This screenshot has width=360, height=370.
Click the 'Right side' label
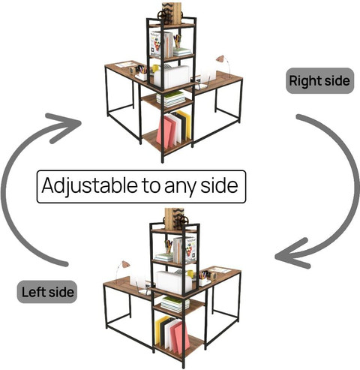coord(319,81)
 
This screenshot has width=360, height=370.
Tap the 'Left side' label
coord(47,292)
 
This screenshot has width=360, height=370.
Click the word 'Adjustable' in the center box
coord(89,186)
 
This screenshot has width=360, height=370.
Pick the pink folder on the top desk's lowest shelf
coord(165,132)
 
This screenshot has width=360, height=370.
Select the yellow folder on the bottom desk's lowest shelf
coord(161,329)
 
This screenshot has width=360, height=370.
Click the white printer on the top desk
coord(172,77)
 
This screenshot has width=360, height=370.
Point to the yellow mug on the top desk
coord(155,68)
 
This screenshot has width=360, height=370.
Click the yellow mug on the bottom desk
coord(190,274)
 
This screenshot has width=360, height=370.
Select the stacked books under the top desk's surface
coord(172,98)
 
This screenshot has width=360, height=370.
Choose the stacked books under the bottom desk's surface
coord(175,304)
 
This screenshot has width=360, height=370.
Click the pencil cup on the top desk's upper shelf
coord(178,41)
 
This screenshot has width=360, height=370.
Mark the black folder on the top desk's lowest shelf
coord(181,128)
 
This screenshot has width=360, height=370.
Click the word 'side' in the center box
coord(219,186)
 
